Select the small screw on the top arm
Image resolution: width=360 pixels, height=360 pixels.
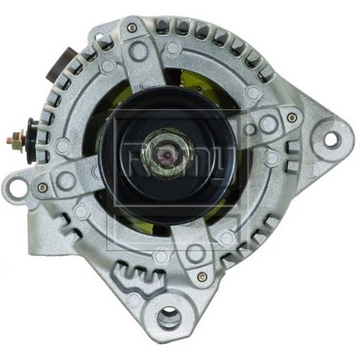point(132,28)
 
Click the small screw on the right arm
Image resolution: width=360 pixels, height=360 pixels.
point(292,118)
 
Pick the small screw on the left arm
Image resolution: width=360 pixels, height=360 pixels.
point(43,187)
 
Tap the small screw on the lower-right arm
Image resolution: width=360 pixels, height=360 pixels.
point(201,276)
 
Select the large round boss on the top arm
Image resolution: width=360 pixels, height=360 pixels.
point(139,52)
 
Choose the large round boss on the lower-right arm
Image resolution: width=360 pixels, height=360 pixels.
point(196,253)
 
